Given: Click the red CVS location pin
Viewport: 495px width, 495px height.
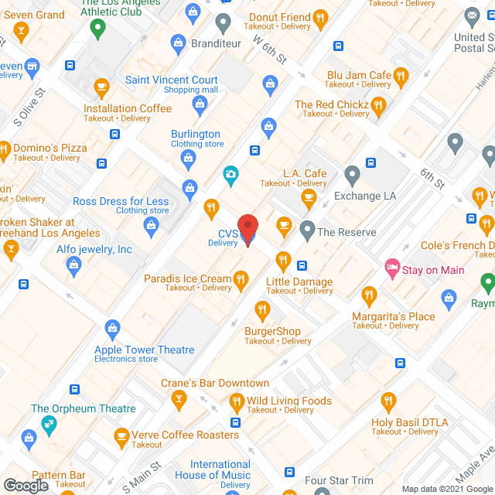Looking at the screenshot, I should coord(247,229).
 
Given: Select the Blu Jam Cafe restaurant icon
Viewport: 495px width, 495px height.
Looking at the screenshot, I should coord(400,76).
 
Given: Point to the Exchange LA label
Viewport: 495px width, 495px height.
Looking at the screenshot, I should coord(365,196).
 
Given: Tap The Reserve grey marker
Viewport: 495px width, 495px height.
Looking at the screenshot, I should coord(308,230).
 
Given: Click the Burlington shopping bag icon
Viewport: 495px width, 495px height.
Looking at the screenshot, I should coord(188,159).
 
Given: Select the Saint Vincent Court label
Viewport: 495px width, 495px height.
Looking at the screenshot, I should coord(172,80).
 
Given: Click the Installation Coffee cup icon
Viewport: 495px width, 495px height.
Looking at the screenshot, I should coord(101,87).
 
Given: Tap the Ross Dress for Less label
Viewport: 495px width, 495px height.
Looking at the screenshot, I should coord(121,202).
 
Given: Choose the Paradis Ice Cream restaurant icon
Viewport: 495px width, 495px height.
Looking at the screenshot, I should coord(241,278).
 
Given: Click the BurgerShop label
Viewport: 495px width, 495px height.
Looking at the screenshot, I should coord(272,331).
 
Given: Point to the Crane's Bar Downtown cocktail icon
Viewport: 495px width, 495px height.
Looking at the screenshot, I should coord(180,400).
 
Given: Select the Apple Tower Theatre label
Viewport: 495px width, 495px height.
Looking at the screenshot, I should coord(145,350).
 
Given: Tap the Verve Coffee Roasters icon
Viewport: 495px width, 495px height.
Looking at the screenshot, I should coord(121,437).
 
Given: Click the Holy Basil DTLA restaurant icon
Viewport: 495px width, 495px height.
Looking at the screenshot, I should coord(388,401).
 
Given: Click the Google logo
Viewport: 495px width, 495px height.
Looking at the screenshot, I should coord(26,485).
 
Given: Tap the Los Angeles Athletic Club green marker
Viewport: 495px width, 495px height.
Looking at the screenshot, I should coord(97,29).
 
